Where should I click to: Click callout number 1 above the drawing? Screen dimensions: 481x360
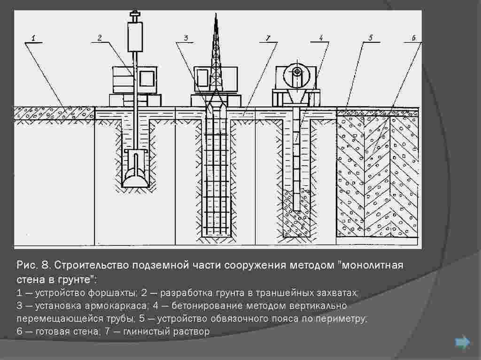(x=33, y=38)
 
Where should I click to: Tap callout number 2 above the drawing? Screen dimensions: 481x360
(x=100, y=38)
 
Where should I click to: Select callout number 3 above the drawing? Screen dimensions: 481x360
(x=186, y=38)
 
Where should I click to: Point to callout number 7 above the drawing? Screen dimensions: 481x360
(x=268, y=38)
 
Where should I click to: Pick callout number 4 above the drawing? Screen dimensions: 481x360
(x=321, y=38)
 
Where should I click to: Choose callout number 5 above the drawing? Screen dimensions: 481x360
(x=371, y=38)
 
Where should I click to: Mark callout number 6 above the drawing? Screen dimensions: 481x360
(x=413, y=38)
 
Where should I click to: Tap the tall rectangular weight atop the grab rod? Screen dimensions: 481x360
(x=135, y=37)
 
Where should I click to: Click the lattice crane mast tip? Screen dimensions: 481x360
(x=216, y=14)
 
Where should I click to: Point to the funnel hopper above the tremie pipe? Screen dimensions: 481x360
(x=297, y=98)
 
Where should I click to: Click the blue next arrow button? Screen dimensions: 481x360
(x=462, y=342)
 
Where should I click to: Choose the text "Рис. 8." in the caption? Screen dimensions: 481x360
(x=33, y=265)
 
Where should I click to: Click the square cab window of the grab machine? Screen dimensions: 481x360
(x=147, y=78)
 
